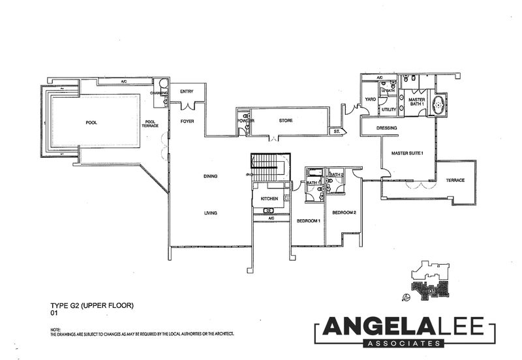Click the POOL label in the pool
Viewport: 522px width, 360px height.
pyautogui.click(x=91, y=123)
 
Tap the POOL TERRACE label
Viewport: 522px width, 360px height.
pyautogui.click(x=151, y=123)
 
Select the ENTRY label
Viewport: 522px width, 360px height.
pyautogui.click(x=187, y=92)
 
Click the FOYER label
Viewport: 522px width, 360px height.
pyautogui.click(x=187, y=121)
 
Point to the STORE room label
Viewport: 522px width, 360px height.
pyautogui.click(x=285, y=121)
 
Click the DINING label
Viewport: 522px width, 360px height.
pyautogui.click(x=209, y=175)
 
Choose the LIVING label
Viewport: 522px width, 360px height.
pyautogui.click(x=209, y=213)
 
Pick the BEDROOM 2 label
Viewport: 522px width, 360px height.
pyautogui.click(x=343, y=213)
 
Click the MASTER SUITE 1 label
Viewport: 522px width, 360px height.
pyautogui.click(x=407, y=153)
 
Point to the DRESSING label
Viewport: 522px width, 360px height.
pyautogui.click(x=387, y=128)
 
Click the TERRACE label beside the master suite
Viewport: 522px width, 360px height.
pyautogui.click(x=455, y=180)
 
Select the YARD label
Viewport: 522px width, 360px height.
pyautogui.click(x=370, y=100)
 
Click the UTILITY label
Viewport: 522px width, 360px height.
pyautogui.click(x=389, y=110)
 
